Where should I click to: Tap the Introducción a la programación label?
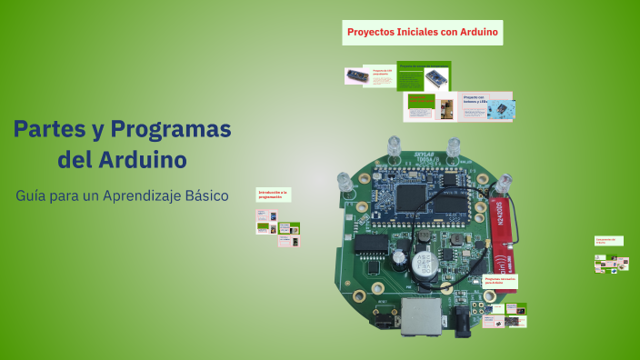pyautogui.click(x=273, y=195)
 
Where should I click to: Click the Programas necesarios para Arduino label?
pyautogui.click(x=500, y=282)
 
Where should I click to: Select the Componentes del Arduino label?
pyautogui.click(x=606, y=241)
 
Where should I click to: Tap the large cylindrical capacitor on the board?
pyautogui.click(x=423, y=265)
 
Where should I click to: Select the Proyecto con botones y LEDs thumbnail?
pyautogui.click(x=486, y=107)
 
